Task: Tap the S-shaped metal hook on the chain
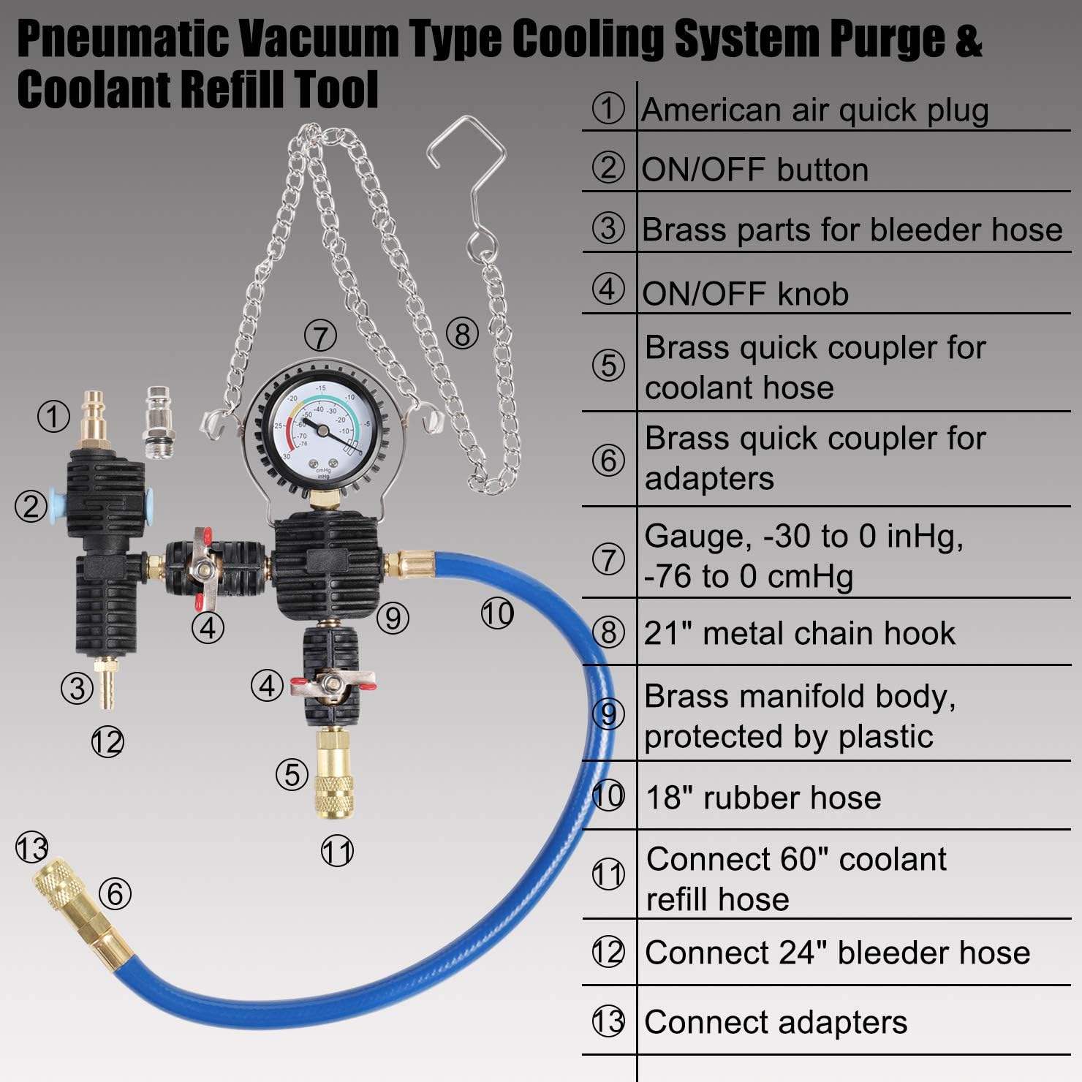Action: coord(468,190)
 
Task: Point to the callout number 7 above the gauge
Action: coord(320,337)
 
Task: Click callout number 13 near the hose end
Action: coord(32,850)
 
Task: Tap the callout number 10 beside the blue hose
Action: coord(497,613)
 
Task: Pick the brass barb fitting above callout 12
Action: coord(107,684)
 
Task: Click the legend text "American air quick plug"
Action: coord(815,110)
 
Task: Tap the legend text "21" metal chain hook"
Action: coord(800,633)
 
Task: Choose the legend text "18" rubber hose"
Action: coord(763,798)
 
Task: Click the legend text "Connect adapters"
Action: coord(776,1022)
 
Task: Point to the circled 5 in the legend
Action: coord(608,366)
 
